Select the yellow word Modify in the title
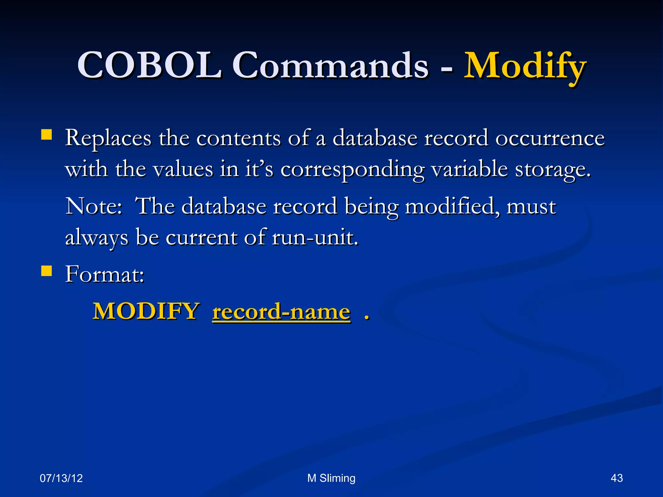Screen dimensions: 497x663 (x=525, y=66)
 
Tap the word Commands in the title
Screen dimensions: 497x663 (x=331, y=66)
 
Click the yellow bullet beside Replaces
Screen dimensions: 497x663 (x=47, y=135)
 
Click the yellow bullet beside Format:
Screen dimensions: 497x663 (x=47, y=271)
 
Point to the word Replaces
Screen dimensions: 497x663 (x=108, y=138)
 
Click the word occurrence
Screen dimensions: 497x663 (x=550, y=138)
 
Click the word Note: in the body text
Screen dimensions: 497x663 (x=94, y=206)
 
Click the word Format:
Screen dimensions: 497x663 (x=105, y=275)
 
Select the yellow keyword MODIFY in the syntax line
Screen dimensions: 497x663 (x=146, y=312)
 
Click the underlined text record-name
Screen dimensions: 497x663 (x=281, y=312)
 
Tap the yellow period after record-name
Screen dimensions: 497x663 (x=366, y=317)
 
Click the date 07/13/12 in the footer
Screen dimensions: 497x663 (x=61, y=478)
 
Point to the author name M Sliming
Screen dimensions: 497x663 (x=331, y=478)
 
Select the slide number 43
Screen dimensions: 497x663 (x=616, y=478)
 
